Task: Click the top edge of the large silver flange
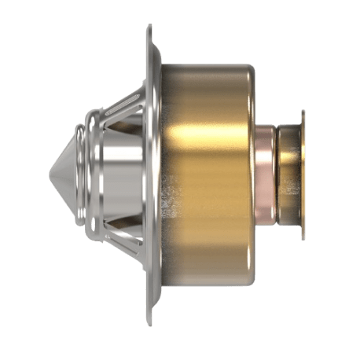pos(149,28)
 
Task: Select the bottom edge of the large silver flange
pos(149,318)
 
